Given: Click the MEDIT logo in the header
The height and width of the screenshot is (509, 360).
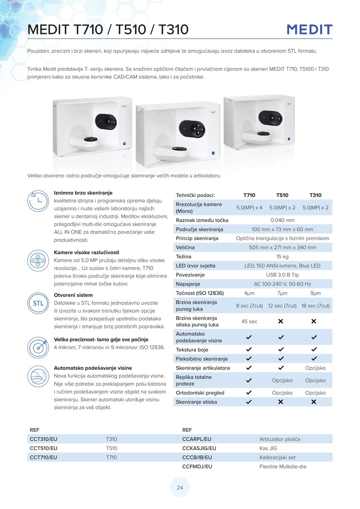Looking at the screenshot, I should click(310, 30).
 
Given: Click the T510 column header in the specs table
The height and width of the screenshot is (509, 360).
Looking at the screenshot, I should click(282, 195).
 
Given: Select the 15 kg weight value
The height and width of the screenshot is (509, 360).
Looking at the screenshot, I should click(282, 257).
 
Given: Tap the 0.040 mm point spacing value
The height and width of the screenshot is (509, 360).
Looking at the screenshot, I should click(282, 220).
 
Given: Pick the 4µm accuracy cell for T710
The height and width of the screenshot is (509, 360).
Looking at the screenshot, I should click(249, 293).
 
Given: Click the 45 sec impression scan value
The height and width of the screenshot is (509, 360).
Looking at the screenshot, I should click(249, 322).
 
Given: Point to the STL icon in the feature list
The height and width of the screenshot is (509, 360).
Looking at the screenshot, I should click(38, 303).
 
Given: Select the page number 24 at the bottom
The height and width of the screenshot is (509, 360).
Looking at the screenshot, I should click(180, 488).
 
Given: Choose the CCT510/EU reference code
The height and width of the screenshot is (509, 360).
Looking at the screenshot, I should click(44, 448).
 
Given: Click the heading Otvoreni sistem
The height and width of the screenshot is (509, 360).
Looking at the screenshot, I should click(73, 295).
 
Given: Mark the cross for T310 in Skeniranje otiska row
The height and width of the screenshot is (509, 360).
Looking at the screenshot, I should click(314, 402).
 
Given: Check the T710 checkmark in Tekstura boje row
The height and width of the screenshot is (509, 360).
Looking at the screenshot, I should click(249, 350).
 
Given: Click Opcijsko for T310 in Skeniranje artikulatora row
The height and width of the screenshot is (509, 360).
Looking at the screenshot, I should click(315, 368).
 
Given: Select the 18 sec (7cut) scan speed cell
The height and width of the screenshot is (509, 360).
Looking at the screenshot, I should click(315, 306).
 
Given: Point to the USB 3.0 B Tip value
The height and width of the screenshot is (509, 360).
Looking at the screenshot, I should click(282, 275).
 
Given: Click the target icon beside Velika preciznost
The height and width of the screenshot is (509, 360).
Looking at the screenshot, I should click(38, 347).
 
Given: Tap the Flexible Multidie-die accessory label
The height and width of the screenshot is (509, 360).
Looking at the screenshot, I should click(283, 467).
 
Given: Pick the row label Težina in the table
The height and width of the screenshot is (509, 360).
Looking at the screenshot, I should click(184, 257).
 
